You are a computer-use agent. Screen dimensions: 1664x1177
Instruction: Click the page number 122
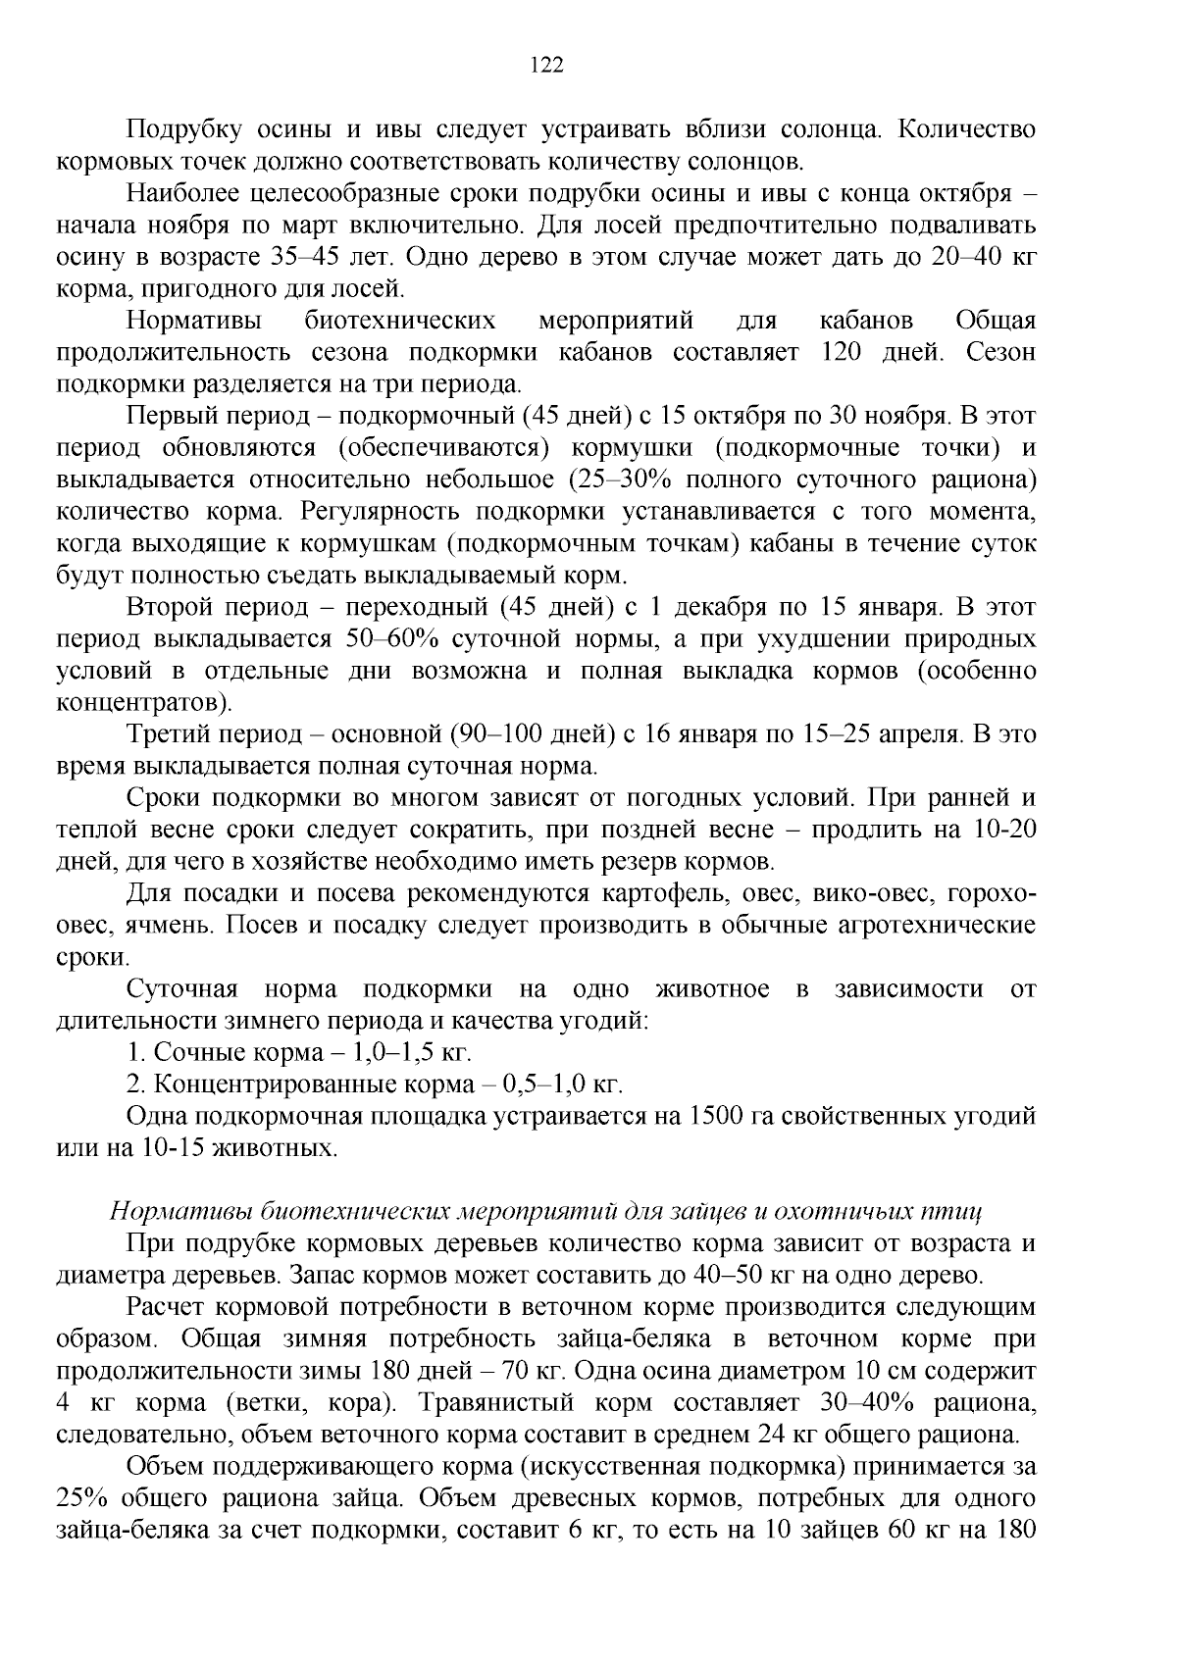[x=546, y=65]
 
